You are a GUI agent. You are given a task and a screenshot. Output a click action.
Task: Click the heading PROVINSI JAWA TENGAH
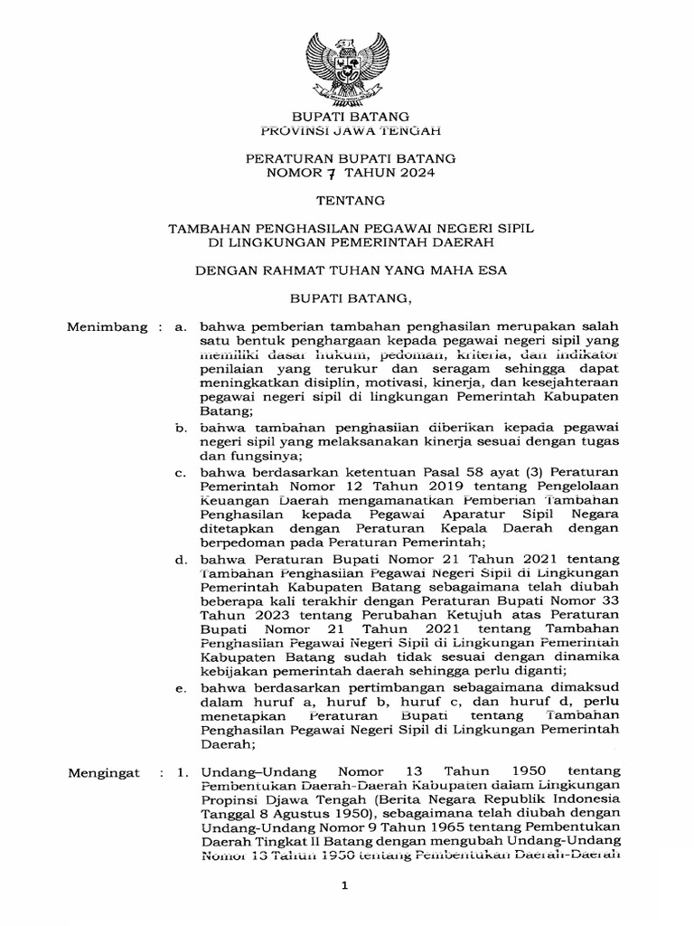click(x=348, y=131)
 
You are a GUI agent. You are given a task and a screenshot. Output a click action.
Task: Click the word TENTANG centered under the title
click(x=348, y=198)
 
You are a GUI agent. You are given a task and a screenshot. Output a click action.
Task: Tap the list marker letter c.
click(x=181, y=472)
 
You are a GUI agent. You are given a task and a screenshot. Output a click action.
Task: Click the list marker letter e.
click(x=181, y=689)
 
